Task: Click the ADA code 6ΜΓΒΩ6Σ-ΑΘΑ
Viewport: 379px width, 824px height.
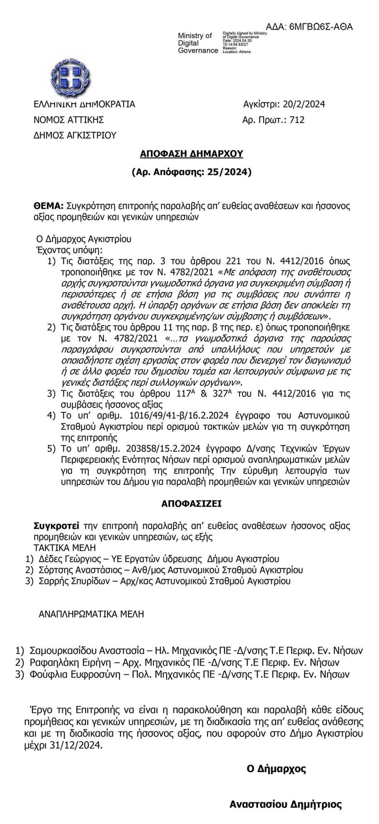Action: point(321,27)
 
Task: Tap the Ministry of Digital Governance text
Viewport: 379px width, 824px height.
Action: point(198,43)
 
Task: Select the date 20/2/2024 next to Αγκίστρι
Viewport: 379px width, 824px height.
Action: point(304,104)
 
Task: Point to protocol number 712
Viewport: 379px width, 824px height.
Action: point(297,120)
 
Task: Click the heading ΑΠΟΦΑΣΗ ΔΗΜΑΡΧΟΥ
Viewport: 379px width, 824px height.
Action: point(191,154)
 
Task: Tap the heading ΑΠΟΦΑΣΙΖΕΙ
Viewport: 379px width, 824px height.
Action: point(191,504)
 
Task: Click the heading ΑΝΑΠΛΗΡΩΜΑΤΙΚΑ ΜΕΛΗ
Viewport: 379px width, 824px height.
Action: point(91,614)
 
